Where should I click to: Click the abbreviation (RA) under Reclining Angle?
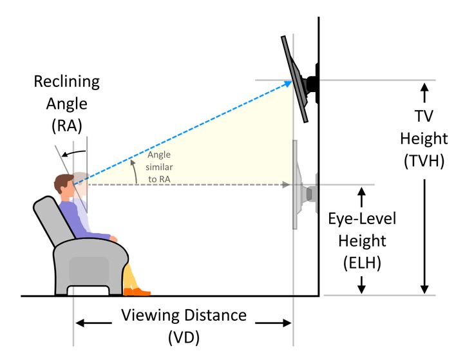pyautogui.click(x=67, y=125)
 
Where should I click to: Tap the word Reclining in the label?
pyautogui.click(x=67, y=82)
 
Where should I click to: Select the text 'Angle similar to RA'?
pyautogui.click(x=158, y=166)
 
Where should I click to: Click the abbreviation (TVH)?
pyautogui.click(x=423, y=161)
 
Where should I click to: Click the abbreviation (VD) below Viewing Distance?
pyautogui.click(x=184, y=337)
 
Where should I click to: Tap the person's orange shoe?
pyautogui.click(x=136, y=292)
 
